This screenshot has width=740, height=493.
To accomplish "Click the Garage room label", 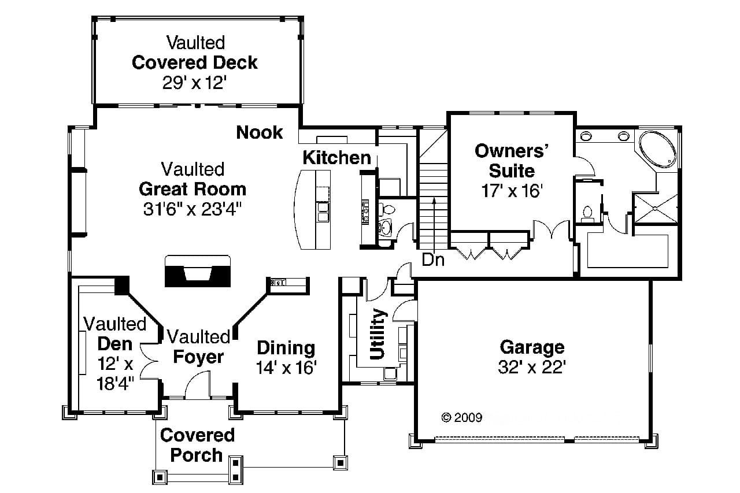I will point(532,347).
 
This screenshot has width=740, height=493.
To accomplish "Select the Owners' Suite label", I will point(512,161).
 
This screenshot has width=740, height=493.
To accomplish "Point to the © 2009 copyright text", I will point(461,417).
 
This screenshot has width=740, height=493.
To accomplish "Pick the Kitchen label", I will point(336,157).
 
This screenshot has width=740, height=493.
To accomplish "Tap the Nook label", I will point(260,132).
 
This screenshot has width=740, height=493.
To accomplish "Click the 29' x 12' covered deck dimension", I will point(194,83).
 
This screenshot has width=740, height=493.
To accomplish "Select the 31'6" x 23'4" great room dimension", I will point(192,209).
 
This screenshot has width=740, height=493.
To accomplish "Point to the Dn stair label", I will point(433,260).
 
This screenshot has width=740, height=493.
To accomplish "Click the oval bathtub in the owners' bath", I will point(657,150).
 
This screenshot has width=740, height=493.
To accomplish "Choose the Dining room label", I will point(286,348).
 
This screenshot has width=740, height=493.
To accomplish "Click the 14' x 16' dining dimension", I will point(286,368).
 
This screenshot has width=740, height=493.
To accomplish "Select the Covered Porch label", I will point(197,445).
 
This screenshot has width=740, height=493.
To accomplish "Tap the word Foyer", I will point(198,357).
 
